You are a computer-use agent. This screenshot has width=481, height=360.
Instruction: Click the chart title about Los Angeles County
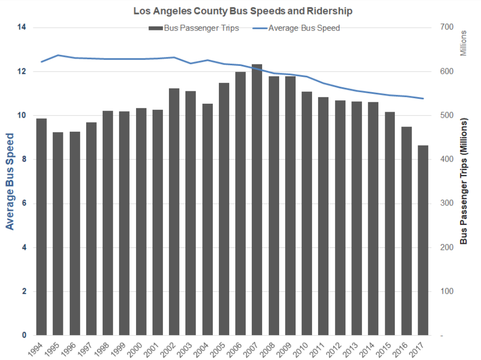point(240,10)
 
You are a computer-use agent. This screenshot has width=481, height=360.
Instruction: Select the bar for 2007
point(257,199)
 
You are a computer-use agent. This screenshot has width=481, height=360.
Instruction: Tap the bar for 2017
point(423,240)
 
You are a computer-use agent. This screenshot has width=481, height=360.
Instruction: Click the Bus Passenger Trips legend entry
point(194,28)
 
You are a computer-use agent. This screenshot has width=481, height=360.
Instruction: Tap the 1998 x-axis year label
point(104,348)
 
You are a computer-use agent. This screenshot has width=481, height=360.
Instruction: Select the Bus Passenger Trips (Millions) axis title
point(464,181)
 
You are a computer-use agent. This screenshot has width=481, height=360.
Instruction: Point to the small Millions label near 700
point(464,43)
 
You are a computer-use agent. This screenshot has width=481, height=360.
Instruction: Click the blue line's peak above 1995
point(58,55)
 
